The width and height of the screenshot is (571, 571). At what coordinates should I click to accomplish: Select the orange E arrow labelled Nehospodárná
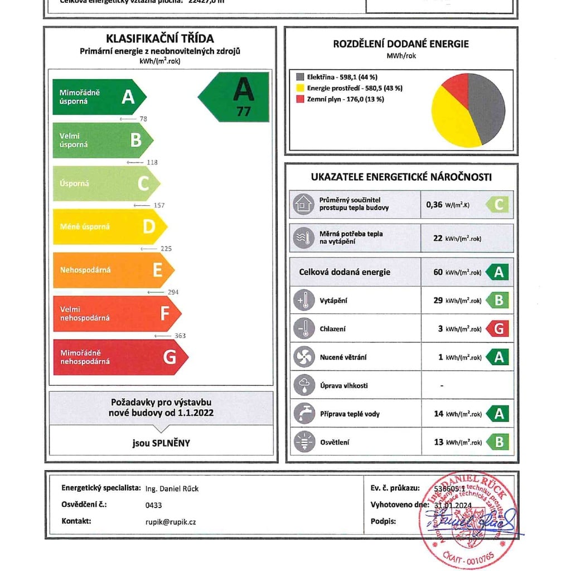click(112, 270)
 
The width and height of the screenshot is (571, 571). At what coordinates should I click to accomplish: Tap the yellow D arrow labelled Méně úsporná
click(109, 226)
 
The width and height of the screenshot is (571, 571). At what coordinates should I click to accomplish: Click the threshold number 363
click(180, 336)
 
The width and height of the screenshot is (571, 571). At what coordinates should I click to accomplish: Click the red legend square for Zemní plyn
click(300, 99)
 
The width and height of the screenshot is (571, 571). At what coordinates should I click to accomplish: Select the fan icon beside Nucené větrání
click(303, 357)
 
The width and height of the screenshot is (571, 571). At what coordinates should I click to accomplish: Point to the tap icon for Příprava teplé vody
click(303, 414)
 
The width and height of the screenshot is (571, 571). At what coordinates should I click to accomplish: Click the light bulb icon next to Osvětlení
click(303, 442)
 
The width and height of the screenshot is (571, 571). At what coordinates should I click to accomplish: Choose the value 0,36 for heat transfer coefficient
click(434, 205)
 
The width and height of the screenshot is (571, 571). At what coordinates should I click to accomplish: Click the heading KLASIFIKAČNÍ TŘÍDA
click(160, 38)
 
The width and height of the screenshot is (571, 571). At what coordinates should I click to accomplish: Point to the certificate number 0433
click(153, 505)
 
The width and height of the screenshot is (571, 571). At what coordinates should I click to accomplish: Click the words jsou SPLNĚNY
click(161, 443)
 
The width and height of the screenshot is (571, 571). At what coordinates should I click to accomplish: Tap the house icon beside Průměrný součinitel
click(303, 205)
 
